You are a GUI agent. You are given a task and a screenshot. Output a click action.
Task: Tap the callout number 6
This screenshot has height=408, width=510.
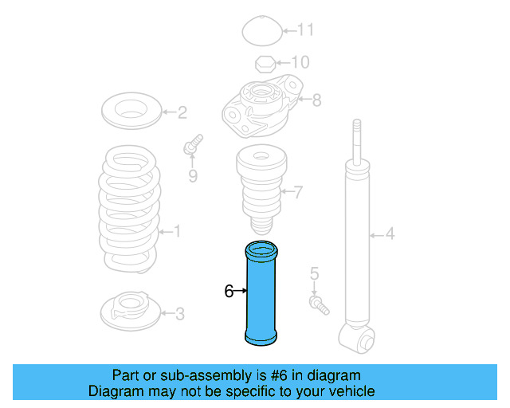tap(229, 292)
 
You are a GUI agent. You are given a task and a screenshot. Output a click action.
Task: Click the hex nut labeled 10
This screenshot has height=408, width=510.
tap(265, 64)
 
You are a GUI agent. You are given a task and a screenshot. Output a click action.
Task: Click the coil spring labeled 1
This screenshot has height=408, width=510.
tap(127, 207)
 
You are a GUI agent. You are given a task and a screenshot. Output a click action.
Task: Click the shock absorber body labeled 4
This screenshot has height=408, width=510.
tap(356, 239)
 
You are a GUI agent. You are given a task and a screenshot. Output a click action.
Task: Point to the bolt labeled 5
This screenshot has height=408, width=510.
tap(317, 303)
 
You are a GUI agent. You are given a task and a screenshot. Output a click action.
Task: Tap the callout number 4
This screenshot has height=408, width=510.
tap(390, 233)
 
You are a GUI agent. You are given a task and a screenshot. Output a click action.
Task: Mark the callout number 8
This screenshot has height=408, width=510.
tap(316, 100)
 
